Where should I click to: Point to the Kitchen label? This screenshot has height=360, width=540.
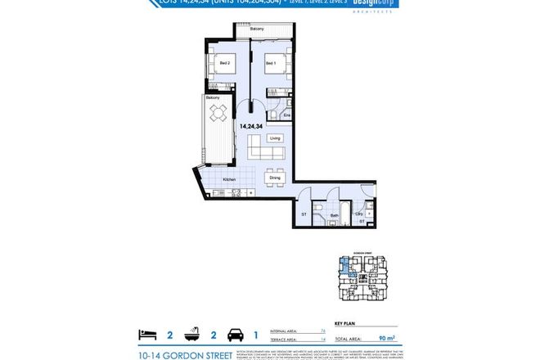(230, 180)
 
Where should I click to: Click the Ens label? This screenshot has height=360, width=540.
(286, 115)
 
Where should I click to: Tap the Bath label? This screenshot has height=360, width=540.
(334, 217)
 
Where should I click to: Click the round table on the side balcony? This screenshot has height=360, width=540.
(218, 118)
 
